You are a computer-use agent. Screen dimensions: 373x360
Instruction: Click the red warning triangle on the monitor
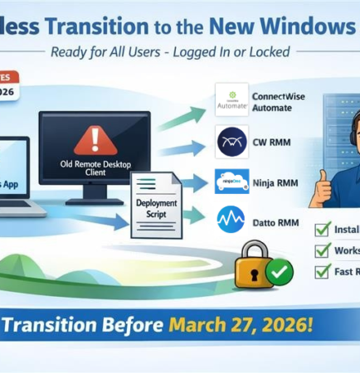[96, 136]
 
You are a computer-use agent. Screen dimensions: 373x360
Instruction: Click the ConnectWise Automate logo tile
[231, 100]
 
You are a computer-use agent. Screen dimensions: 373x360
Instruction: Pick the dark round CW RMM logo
[231, 142]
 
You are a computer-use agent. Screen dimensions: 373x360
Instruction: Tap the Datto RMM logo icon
[231, 219]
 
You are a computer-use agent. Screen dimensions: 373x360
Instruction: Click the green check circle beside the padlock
[280, 269]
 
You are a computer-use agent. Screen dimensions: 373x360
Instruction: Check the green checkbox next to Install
[322, 229]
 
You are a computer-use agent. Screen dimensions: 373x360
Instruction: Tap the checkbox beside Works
[322, 249]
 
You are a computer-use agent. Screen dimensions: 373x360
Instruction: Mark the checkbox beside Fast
[322, 270]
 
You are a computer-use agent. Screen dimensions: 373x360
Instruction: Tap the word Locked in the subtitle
[266, 52]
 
